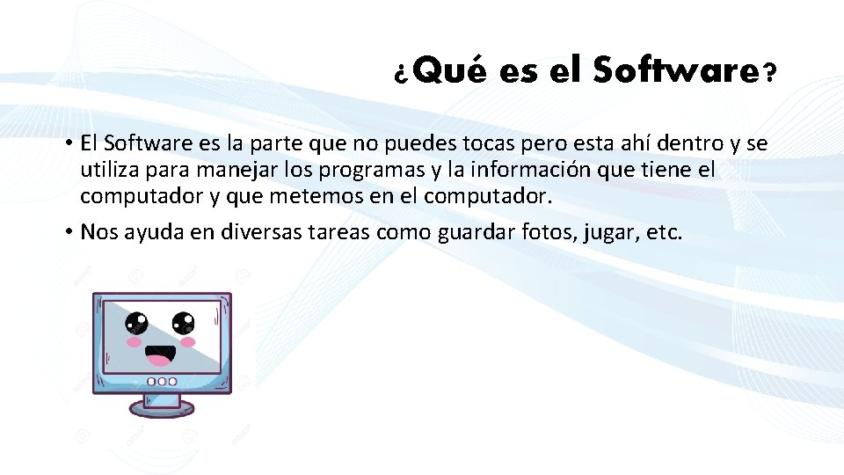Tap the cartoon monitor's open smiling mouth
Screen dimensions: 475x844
[161, 354]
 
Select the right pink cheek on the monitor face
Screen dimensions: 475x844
[186, 341]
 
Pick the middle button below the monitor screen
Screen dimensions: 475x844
[162, 382]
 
